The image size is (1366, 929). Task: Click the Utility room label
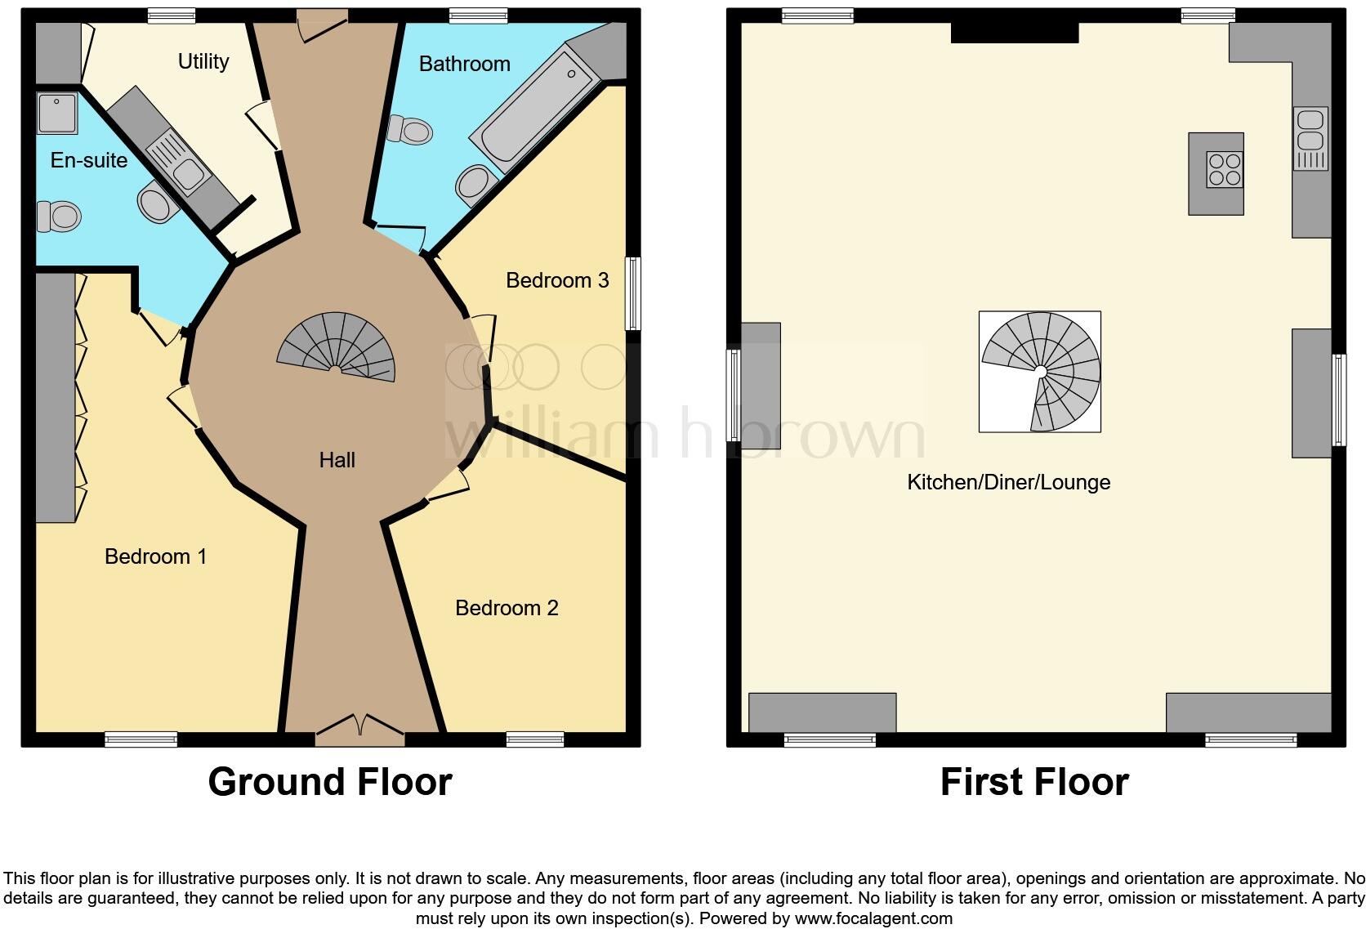203,61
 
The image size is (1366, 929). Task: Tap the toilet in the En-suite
59,217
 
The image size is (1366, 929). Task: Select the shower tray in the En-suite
57,114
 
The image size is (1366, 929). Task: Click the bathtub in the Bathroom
535,114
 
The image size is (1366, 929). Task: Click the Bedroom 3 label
557,280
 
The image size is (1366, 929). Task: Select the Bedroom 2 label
507,608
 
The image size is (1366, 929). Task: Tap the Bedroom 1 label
155,556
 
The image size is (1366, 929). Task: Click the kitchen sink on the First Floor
1310,139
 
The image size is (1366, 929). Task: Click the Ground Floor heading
329,782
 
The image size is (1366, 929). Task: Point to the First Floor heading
1034,782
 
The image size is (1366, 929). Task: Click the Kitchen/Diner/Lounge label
1008,482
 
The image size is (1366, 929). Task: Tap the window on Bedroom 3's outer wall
632,293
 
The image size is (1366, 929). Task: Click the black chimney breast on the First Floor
1015,33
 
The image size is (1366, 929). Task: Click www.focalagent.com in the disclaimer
873,918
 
